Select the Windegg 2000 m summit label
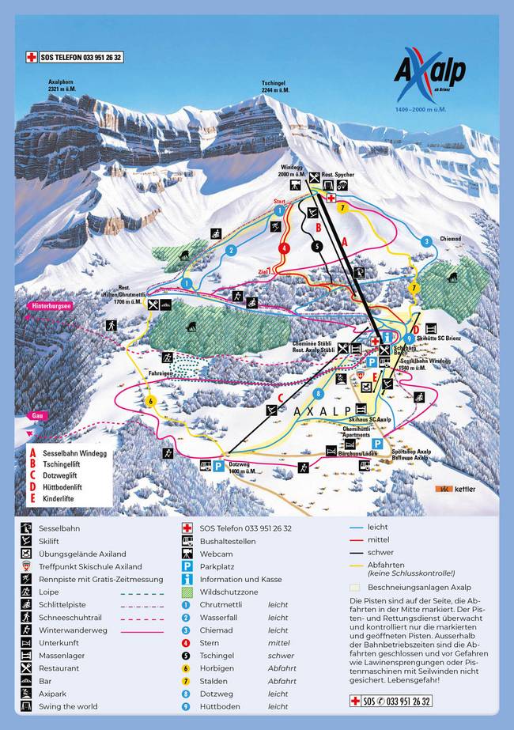(292, 172)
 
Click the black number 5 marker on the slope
(317, 246)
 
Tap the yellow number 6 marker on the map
(149, 401)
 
